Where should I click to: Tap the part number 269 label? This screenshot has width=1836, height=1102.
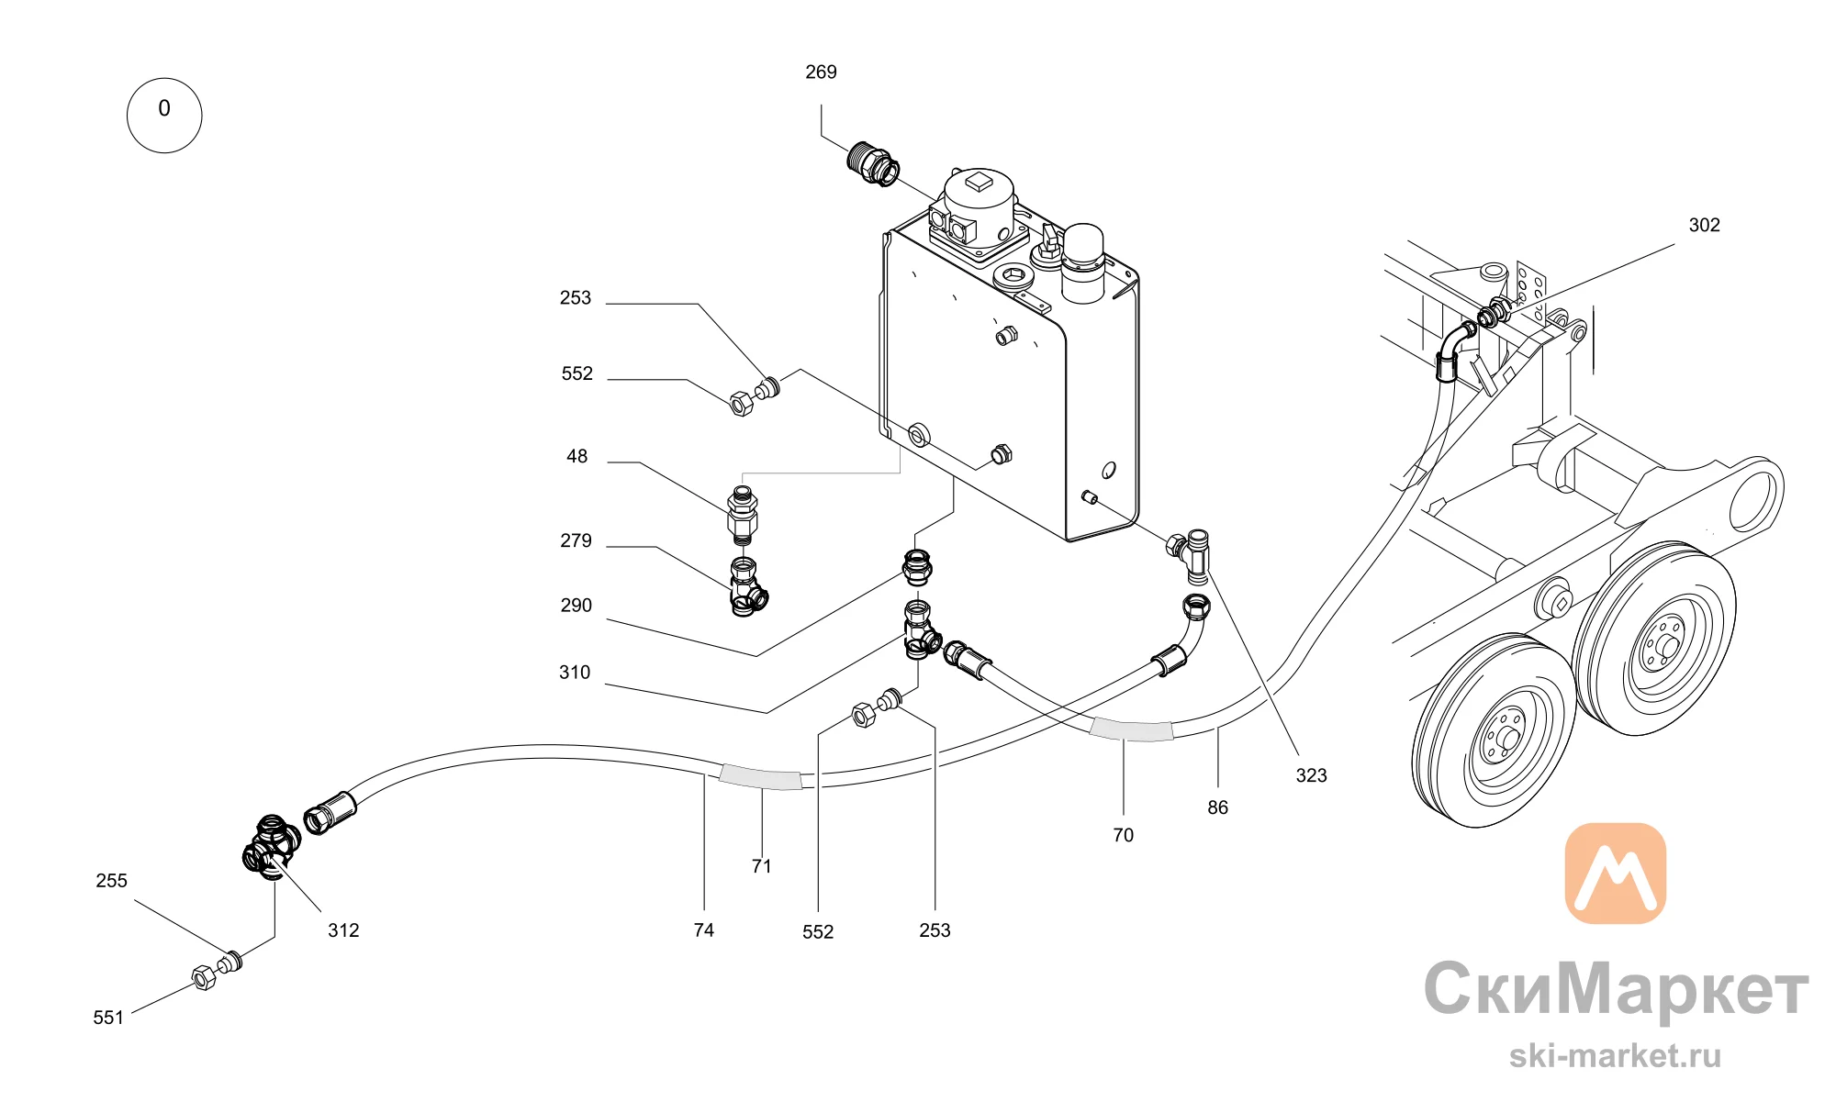point(821,72)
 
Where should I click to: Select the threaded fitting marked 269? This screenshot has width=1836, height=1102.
point(872,164)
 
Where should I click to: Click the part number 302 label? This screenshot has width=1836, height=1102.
point(1704,225)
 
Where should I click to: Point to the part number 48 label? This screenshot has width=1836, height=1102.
point(577,456)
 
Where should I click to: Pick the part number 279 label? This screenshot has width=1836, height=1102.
point(576,540)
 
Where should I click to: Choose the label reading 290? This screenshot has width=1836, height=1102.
point(576,606)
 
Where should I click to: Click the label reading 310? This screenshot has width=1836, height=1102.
point(575,673)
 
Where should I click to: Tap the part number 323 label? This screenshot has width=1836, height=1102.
point(1311,775)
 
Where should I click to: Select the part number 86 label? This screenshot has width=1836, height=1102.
point(1217,807)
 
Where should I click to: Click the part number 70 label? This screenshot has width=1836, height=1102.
point(1123,835)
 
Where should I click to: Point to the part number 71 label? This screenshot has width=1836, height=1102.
point(761,866)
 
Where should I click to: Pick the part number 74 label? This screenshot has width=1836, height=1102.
point(703,930)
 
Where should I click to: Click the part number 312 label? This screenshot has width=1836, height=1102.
point(343,930)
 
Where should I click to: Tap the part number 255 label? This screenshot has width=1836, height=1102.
point(111,881)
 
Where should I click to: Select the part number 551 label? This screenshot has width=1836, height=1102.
point(108,1018)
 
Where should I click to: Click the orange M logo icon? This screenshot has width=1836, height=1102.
point(1615,873)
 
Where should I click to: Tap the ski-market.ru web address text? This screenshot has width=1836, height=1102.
point(1615,1055)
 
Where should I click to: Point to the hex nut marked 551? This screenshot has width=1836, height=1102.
point(204,978)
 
